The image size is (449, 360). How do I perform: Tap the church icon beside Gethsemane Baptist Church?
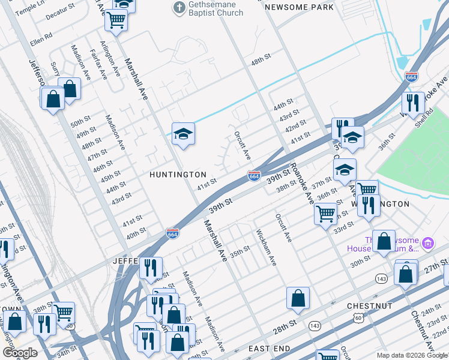click(x=178, y=8)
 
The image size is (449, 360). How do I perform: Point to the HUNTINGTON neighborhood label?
click(x=178, y=174)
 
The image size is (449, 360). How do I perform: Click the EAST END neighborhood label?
click(x=270, y=349)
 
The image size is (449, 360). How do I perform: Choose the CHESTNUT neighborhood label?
click(x=369, y=306)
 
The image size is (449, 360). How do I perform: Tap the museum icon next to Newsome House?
click(x=427, y=243)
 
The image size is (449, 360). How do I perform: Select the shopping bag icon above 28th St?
click(x=298, y=298)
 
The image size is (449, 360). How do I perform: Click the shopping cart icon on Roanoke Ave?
click(x=325, y=212)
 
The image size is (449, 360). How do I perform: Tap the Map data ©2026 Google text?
click(x=411, y=355)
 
